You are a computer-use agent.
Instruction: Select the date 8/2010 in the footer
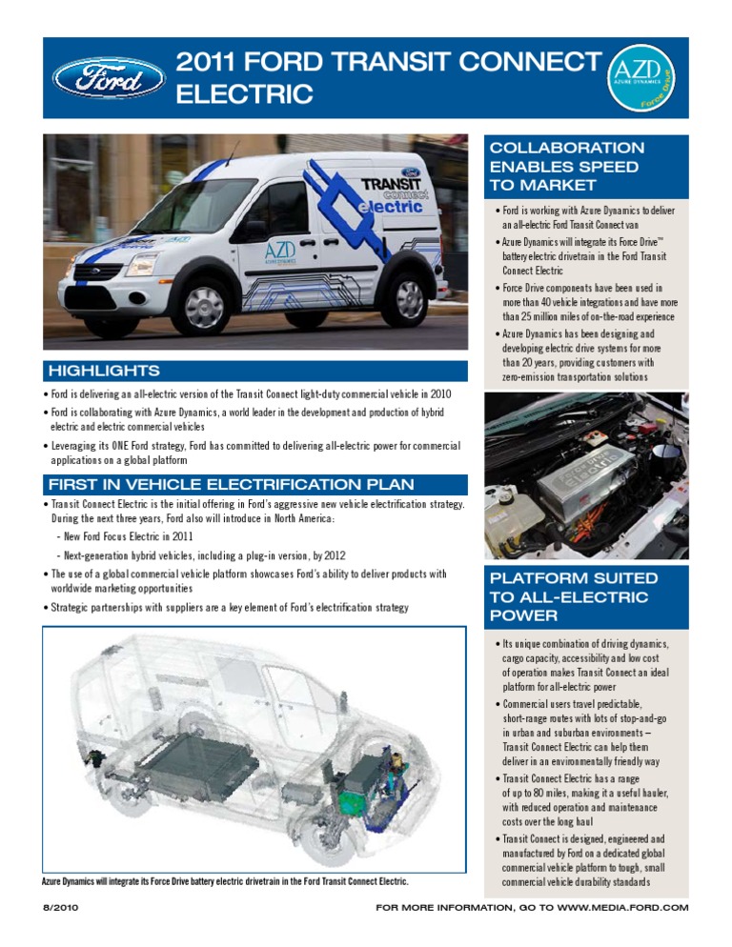pyautogui.click(x=59, y=908)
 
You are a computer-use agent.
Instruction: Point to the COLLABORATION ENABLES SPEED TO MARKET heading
pyautogui.click(x=566, y=167)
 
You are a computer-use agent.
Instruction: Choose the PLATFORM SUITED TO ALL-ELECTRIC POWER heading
pyautogui.click(x=573, y=596)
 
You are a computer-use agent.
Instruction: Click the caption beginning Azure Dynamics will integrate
pyautogui.click(x=225, y=881)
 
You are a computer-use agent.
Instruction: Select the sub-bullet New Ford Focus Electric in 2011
pyautogui.click(x=133, y=538)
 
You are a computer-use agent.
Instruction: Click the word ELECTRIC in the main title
pyautogui.click(x=245, y=94)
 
